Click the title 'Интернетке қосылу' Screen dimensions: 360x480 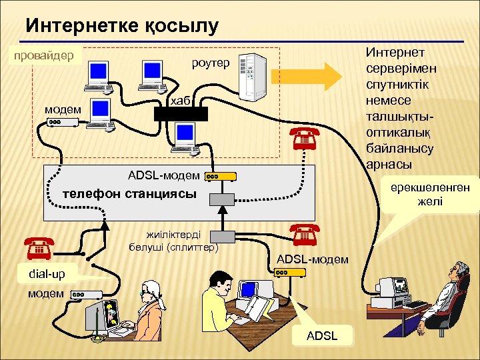click(122, 26)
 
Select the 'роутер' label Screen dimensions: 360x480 click(210, 63)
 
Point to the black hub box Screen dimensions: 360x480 click(181, 113)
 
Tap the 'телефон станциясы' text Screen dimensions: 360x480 click(129, 195)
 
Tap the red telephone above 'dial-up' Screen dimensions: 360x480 click(39, 247)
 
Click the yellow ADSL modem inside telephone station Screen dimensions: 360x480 click(221, 177)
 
